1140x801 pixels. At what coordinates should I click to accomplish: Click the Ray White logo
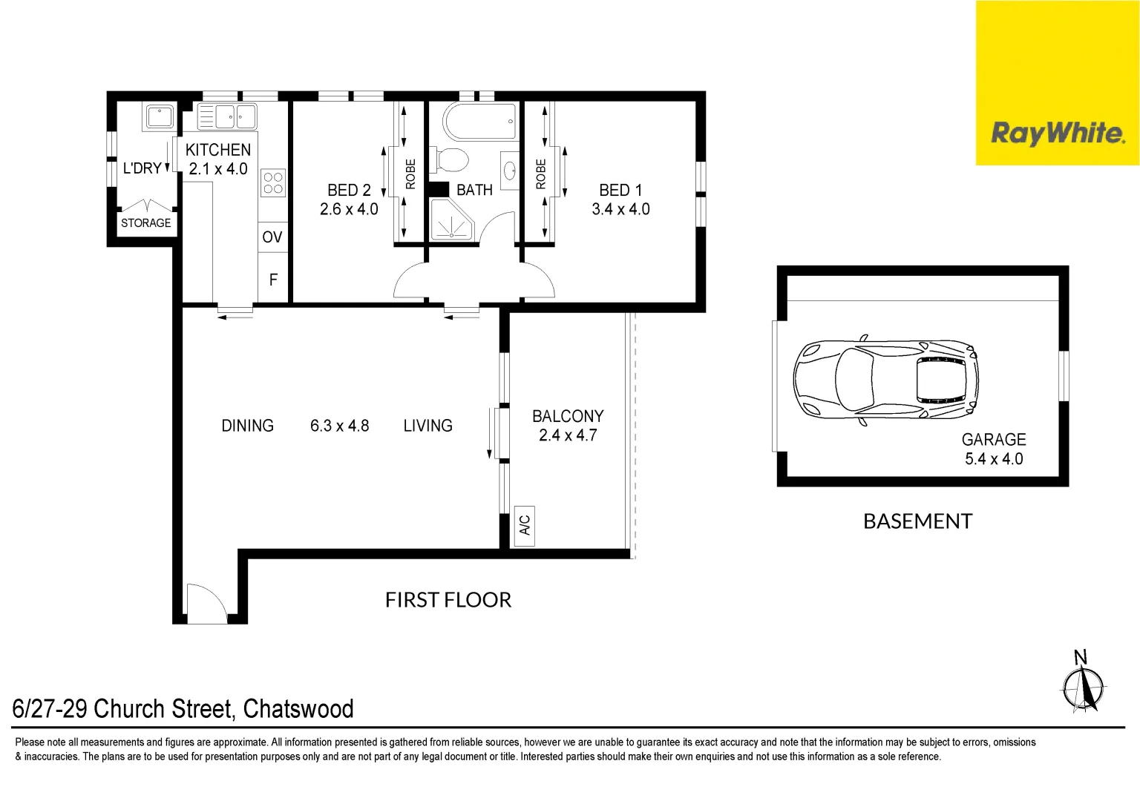(1057, 133)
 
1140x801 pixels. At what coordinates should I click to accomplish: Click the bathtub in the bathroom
(479, 120)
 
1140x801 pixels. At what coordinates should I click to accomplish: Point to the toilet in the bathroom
(453, 159)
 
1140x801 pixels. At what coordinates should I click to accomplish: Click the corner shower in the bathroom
(451, 220)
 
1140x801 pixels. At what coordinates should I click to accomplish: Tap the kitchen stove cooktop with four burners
(273, 183)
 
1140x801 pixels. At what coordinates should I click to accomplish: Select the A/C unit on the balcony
(525, 526)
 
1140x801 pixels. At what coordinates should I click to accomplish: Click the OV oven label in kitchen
(272, 237)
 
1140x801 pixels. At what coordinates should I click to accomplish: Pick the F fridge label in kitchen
(273, 280)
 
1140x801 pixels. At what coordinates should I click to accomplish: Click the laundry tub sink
(160, 117)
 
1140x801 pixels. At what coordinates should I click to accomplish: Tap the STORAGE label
(146, 223)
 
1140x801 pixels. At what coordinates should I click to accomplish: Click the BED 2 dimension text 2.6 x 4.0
(349, 210)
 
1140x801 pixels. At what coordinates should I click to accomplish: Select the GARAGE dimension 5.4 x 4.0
(994, 459)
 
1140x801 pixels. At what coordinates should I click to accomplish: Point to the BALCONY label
(568, 416)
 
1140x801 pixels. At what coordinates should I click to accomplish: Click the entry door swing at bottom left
(205, 603)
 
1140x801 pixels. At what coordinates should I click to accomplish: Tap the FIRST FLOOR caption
(448, 600)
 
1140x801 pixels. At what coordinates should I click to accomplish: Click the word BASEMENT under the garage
(917, 521)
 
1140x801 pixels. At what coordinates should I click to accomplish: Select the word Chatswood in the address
(298, 709)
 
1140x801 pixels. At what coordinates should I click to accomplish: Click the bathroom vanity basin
(510, 171)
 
